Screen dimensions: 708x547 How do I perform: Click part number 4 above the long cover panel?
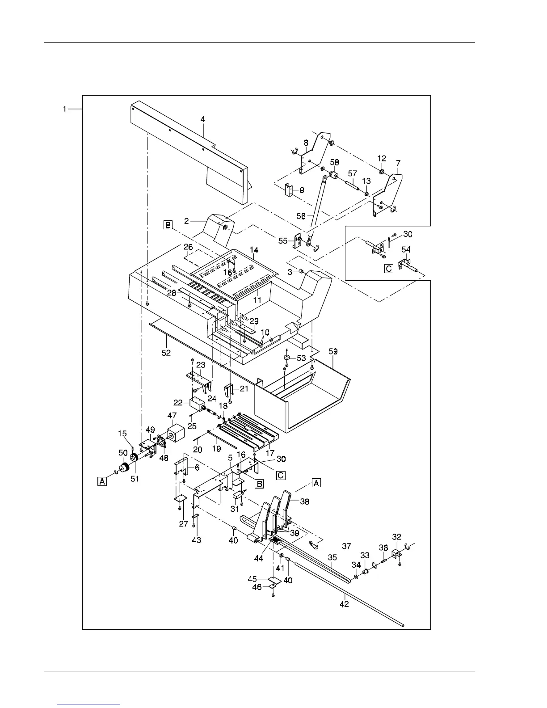click(x=203, y=119)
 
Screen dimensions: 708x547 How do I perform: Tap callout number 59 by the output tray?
click(x=333, y=351)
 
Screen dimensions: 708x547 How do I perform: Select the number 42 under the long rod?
click(x=344, y=604)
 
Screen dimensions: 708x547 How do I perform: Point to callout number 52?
click(x=166, y=353)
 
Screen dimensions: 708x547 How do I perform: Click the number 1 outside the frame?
click(x=65, y=109)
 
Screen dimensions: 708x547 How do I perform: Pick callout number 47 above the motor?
click(x=172, y=416)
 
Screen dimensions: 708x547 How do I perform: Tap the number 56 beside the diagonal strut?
click(x=301, y=216)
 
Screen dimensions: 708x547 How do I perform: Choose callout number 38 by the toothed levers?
click(x=304, y=501)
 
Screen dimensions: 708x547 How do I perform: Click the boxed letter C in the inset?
click(x=389, y=269)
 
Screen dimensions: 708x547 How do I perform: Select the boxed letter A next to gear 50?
click(x=102, y=481)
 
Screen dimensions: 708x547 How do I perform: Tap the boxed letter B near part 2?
click(x=168, y=225)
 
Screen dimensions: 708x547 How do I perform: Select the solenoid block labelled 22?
click(x=197, y=404)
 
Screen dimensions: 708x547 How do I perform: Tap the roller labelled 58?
click(x=333, y=173)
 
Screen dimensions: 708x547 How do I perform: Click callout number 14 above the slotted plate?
click(x=254, y=249)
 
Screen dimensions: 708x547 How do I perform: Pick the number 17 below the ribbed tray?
click(x=270, y=453)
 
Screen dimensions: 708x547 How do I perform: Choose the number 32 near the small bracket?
click(x=396, y=536)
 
